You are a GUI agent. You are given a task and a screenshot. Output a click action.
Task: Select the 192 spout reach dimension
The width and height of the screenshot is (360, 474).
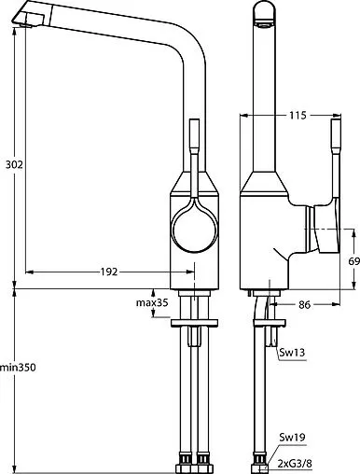pyautogui.click(x=108, y=272)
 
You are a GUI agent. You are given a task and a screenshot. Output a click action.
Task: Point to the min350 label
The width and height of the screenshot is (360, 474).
pyautogui.click(x=18, y=369)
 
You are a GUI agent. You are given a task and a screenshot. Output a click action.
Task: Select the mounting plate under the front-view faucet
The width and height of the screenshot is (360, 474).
pyautogui.click(x=194, y=323)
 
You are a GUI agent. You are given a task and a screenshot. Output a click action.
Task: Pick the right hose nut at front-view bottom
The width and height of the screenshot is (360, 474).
pyautogui.click(x=203, y=460)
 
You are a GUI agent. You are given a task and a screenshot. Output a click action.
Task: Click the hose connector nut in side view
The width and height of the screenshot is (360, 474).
pyautogui.click(x=260, y=460)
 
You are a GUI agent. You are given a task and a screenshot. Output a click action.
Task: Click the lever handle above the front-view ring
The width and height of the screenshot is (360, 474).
pyautogui.click(x=194, y=149)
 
